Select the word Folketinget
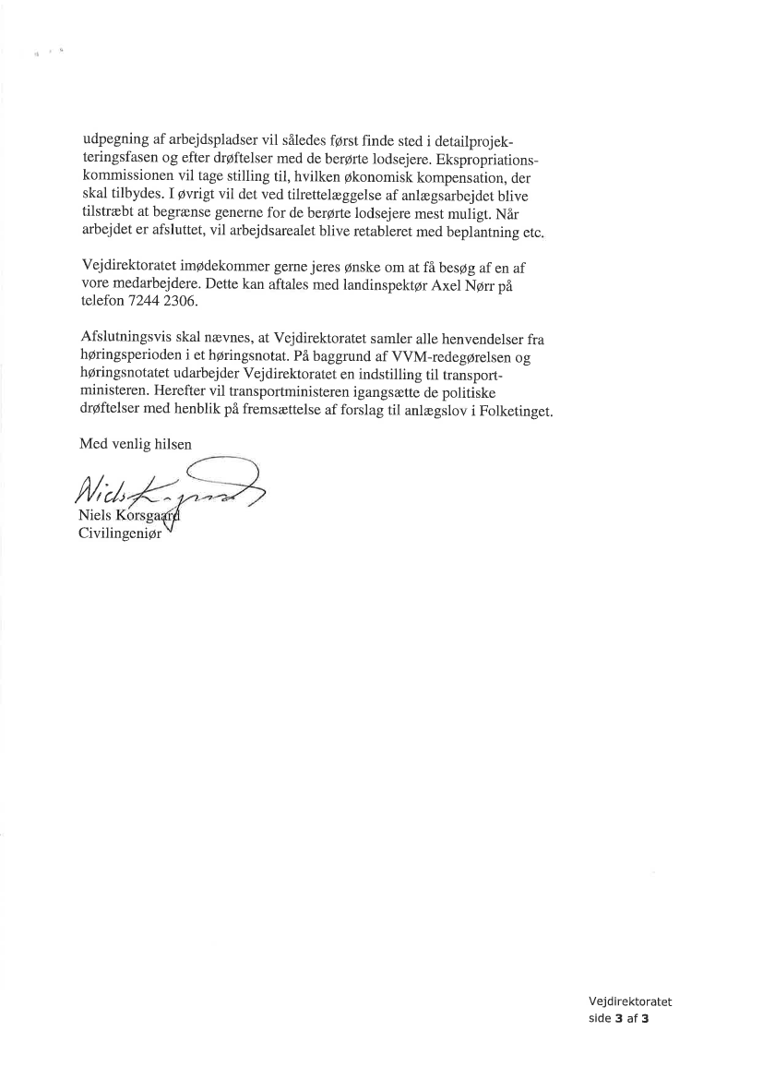pyautogui.click(x=512, y=411)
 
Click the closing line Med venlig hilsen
pyautogui.click(x=136, y=444)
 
